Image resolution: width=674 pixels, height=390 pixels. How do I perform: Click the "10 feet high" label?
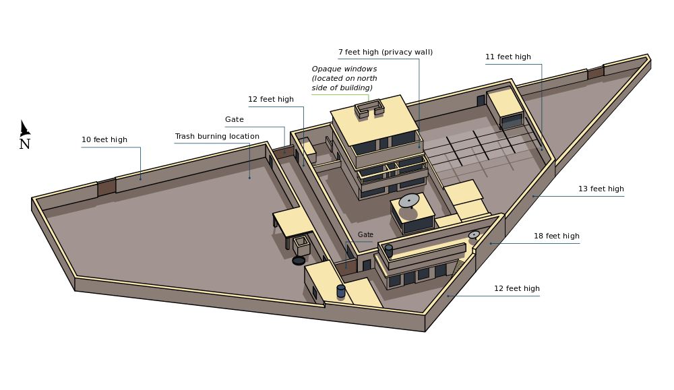104,139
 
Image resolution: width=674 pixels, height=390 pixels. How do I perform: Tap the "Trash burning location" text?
217,136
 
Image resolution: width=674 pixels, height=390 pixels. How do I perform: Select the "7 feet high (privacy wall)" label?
386,52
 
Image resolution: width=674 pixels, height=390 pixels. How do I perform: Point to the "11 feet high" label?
508,57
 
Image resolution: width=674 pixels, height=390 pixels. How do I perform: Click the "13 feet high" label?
601,189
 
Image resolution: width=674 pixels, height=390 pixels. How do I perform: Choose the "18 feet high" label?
557,236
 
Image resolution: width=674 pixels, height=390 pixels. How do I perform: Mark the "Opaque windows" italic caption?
344,69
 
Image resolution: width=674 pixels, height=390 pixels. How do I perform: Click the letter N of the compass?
25,144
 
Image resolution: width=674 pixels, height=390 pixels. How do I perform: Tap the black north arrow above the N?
24,128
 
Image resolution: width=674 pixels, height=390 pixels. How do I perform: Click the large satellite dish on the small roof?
409,201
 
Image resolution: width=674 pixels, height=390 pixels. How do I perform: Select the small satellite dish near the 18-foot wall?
474,234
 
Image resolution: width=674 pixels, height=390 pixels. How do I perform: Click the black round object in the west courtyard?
299,261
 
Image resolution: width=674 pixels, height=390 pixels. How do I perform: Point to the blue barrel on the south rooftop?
341,291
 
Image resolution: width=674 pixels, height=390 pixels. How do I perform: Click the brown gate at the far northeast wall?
596,73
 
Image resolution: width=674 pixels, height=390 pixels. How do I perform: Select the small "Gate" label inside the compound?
365,234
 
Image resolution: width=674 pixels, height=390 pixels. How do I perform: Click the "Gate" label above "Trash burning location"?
235,119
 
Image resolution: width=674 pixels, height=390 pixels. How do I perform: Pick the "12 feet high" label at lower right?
517,288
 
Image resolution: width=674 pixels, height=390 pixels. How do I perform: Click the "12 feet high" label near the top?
271,99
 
